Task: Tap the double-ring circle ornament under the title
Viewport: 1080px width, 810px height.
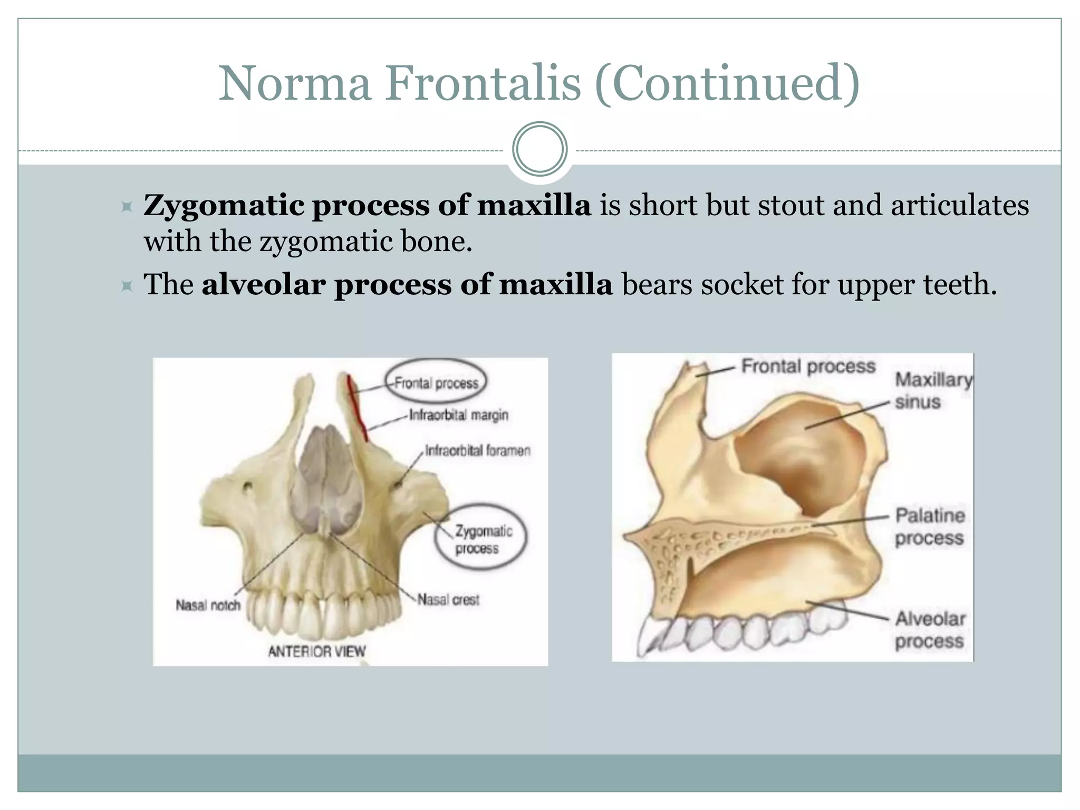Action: pyautogui.click(x=539, y=149)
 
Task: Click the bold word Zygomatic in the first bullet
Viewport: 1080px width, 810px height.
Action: pyautogui.click(x=224, y=205)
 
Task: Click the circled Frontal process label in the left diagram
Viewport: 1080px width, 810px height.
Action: pyautogui.click(x=436, y=383)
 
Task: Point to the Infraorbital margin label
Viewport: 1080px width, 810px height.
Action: pyautogui.click(x=458, y=416)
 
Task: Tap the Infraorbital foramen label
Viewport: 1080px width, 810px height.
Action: pyautogui.click(x=477, y=451)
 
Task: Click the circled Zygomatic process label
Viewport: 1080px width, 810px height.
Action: pyautogui.click(x=480, y=539)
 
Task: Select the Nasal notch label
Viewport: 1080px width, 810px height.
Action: pyautogui.click(x=208, y=605)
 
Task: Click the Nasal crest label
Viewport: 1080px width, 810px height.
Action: pyautogui.click(x=448, y=600)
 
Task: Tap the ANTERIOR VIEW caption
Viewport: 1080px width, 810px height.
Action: pyautogui.click(x=316, y=652)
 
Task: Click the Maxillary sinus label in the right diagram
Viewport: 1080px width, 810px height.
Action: pyautogui.click(x=932, y=390)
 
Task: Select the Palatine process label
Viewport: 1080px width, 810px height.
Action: pyautogui.click(x=929, y=527)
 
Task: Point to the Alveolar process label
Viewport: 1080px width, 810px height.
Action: pyautogui.click(x=929, y=630)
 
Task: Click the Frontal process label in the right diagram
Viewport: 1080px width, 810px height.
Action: pyautogui.click(x=808, y=366)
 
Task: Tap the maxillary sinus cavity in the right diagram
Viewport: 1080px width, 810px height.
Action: pyautogui.click(x=802, y=454)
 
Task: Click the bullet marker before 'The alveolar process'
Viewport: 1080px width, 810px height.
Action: pyautogui.click(x=127, y=286)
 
